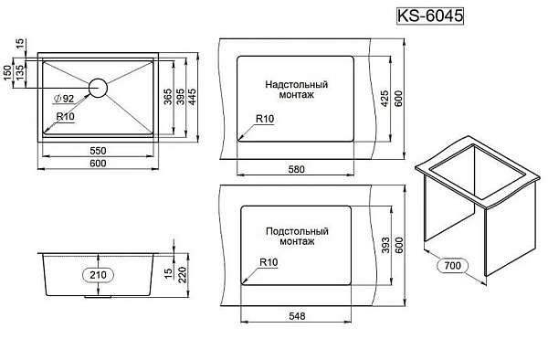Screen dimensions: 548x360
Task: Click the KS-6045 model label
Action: [x=430, y=16]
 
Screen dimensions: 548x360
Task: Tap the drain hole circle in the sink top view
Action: [x=98, y=88]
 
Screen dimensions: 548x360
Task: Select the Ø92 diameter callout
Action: [x=63, y=99]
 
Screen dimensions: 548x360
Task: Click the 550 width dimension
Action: [x=98, y=151]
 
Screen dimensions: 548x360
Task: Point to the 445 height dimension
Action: [x=192, y=97]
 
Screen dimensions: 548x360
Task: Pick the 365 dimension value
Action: [x=168, y=97]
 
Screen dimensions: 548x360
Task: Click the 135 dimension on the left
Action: [x=20, y=71]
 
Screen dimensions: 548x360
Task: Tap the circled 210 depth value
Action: [x=98, y=275]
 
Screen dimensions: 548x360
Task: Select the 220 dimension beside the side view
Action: [x=182, y=275]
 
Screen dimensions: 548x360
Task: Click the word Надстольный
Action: [x=296, y=85]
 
